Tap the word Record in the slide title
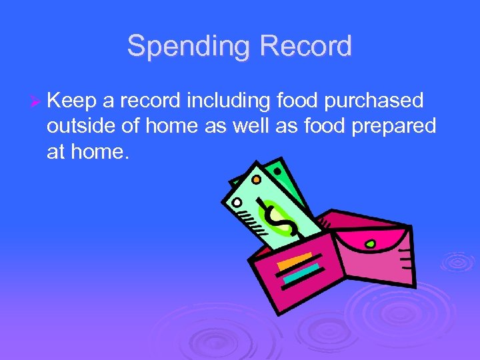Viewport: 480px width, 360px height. [306, 47]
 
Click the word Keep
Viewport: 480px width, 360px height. [71, 101]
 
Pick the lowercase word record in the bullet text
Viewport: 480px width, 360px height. [150, 101]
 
